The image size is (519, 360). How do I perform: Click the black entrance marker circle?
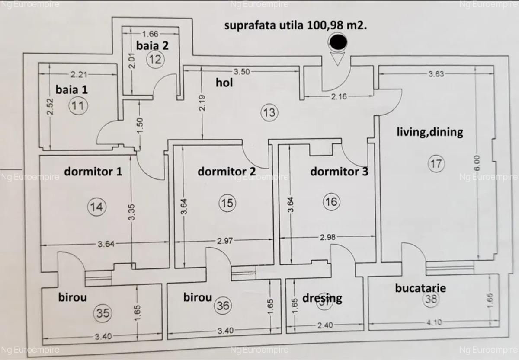click(x=338, y=42)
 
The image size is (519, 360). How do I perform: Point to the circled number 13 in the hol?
click(x=269, y=113)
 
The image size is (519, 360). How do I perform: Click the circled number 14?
click(x=96, y=207)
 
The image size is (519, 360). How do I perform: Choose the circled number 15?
click(x=227, y=203)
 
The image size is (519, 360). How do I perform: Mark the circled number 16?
click(x=332, y=202)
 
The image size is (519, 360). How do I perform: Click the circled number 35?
click(x=102, y=312)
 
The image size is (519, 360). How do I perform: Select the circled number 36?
click(x=223, y=306)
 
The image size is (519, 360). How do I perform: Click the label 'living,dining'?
click(x=429, y=132)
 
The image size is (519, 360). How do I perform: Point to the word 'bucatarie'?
click(x=420, y=288)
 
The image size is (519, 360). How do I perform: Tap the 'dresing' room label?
click(x=322, y=298)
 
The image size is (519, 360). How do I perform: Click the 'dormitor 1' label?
click(x=93, y=171)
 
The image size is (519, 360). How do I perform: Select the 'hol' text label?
click(x=224, y=83)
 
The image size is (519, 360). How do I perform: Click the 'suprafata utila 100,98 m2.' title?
click(x=296, y=25)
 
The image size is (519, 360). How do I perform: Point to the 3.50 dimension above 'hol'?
click(x=241, y=72)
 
